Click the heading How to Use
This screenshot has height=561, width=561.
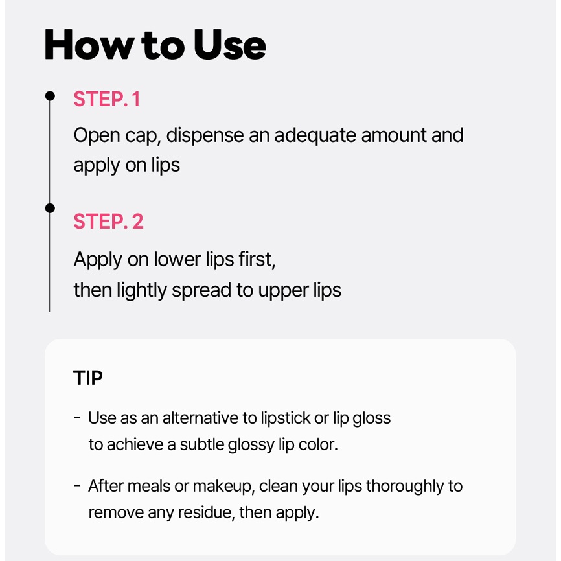point(155,45)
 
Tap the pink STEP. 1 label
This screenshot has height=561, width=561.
point(107,98)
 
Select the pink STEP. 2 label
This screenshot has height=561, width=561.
point(108,221)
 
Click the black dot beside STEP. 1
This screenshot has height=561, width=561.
point(50,96)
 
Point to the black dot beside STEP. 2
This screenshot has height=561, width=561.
point(50,208)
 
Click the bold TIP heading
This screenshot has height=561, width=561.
point(87,378)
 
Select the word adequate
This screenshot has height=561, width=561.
point(315,135)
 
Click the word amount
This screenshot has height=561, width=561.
point(394,135)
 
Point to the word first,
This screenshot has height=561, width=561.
point(257,259)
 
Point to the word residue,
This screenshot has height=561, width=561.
point(207,512)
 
